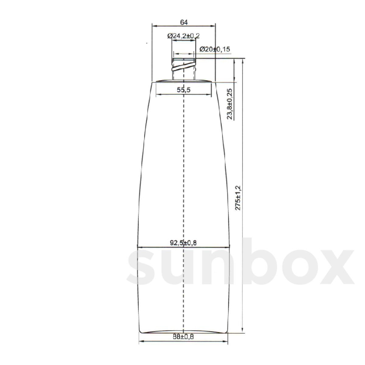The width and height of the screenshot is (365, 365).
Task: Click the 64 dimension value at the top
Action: (x=183, y=22)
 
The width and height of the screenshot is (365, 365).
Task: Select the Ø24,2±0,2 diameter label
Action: (x=183, y=36)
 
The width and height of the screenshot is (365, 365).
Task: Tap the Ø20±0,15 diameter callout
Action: (x=215, y=49)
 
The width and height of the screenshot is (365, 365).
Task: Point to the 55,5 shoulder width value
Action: (x=183, y=90)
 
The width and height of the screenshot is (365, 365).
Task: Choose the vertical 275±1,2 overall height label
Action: (x=238, y=198)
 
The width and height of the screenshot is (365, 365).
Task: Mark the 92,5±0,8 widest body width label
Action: (x=183, y=243)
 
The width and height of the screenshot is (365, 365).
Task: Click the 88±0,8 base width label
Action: (x=183, y=337)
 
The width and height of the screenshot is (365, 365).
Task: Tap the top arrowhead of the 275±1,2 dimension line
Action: (x=242, y=60)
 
